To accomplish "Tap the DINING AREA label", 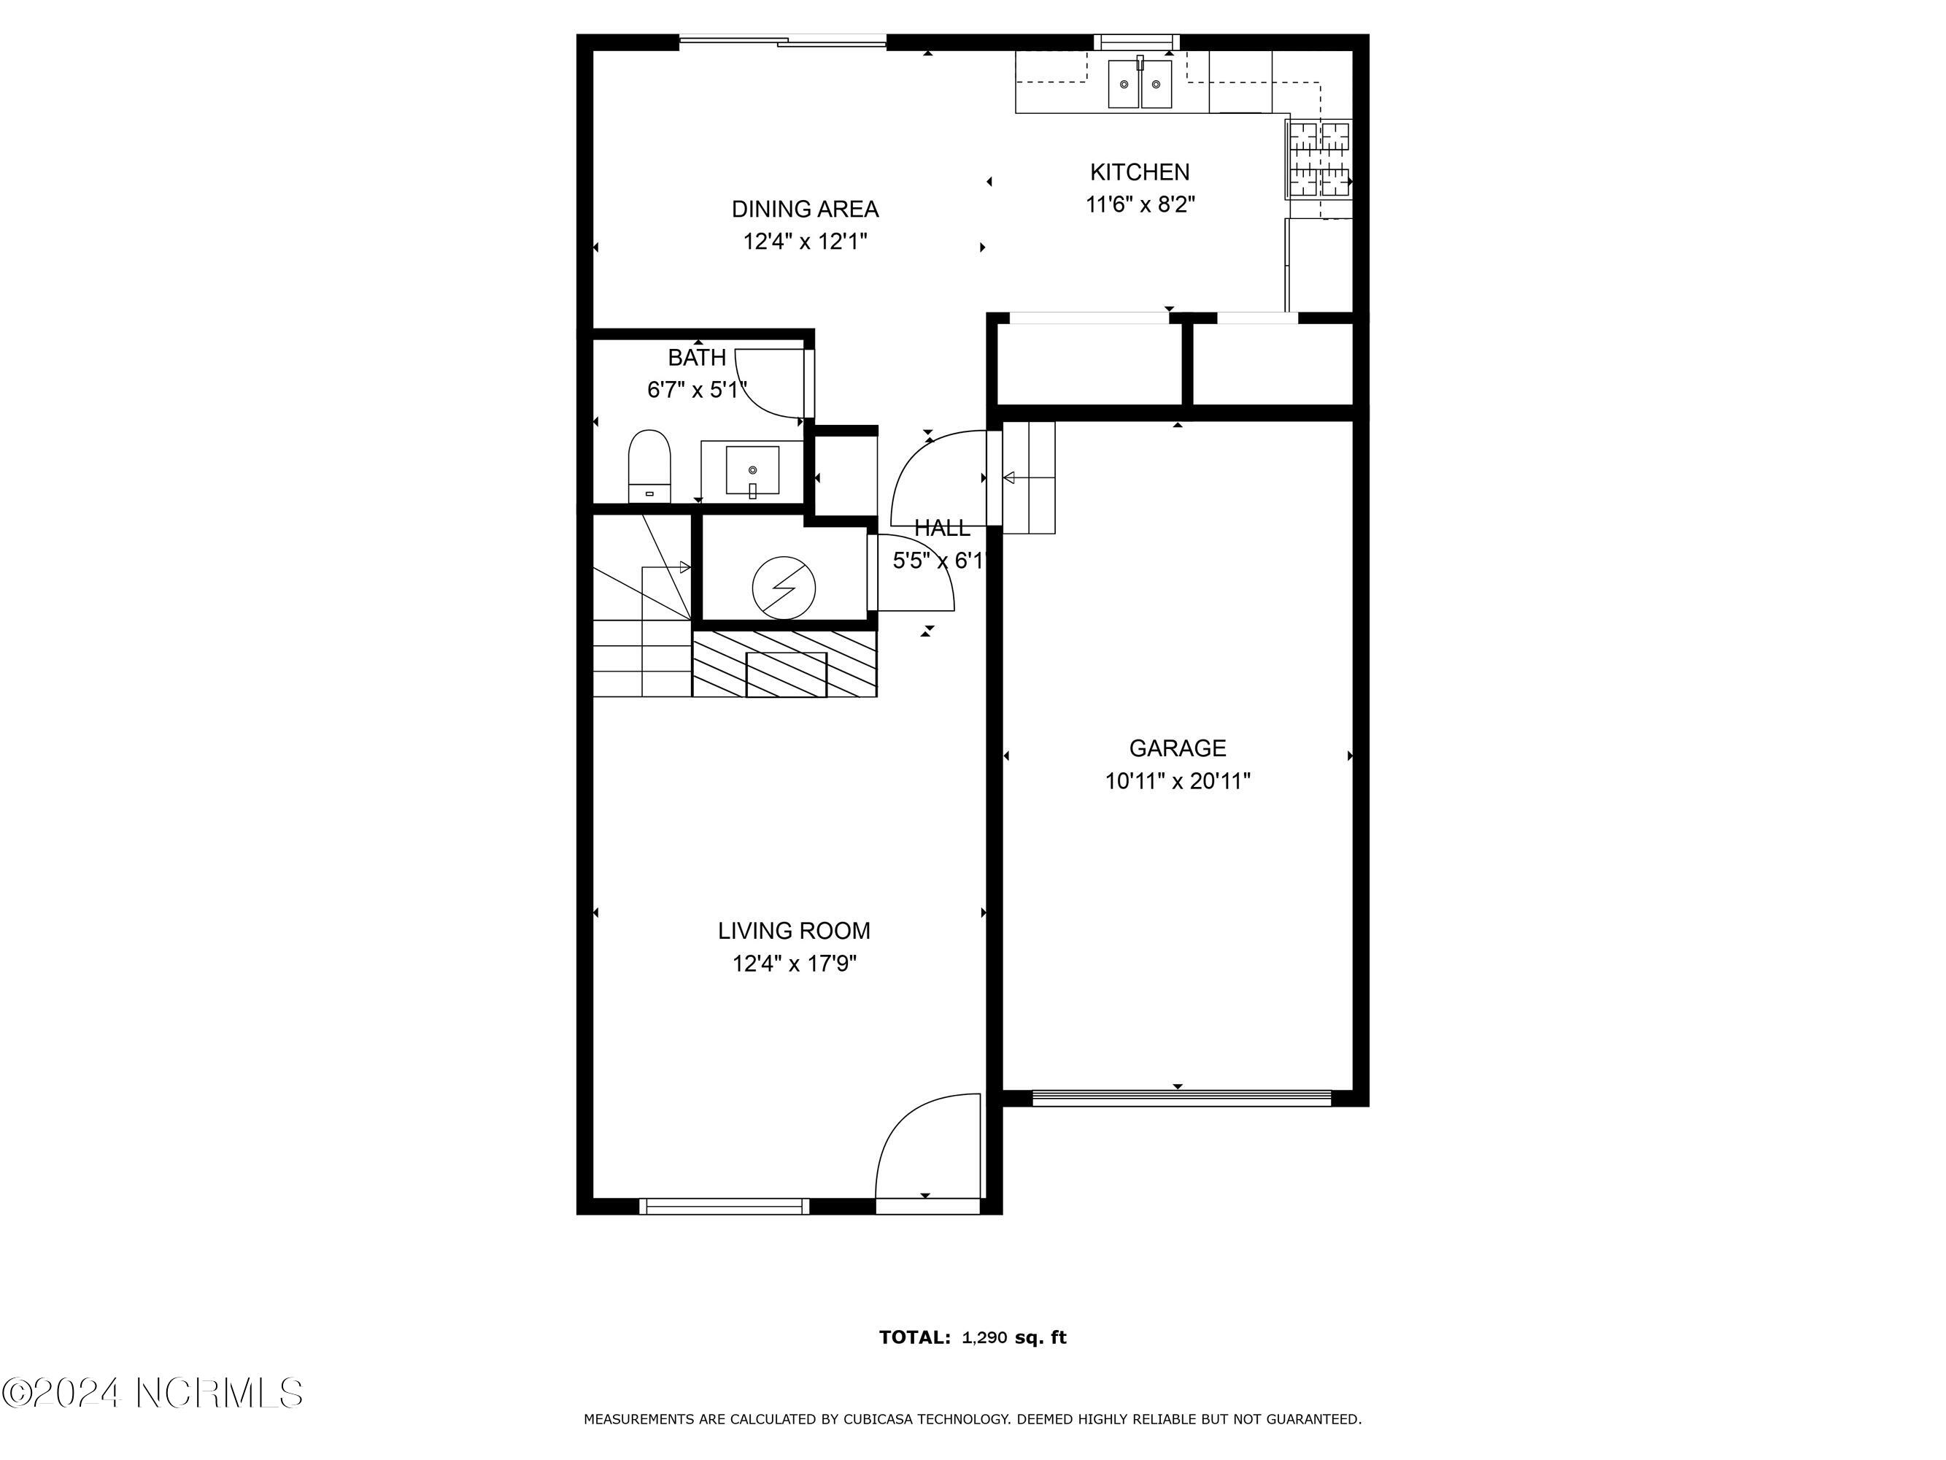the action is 805,210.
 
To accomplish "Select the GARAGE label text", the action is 1177,748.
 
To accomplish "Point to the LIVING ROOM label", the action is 794,931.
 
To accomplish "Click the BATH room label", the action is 697,357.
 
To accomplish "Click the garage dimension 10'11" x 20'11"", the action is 1177,780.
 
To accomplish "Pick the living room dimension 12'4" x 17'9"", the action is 795,964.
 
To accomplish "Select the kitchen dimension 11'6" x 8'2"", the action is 1140,204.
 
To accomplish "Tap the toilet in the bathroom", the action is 649,466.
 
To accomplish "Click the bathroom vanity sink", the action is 752,472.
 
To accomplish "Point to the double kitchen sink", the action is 1139,84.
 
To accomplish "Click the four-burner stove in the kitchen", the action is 1318,158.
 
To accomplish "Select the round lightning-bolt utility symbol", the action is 784,587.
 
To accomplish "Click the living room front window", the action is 723,1206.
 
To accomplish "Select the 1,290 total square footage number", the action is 984,1337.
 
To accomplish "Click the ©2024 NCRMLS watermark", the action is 152,1392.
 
